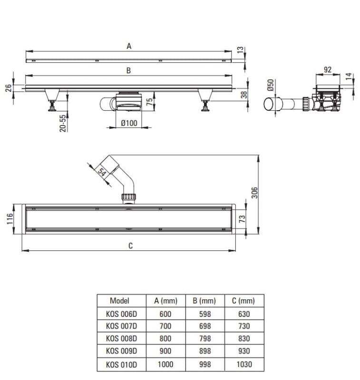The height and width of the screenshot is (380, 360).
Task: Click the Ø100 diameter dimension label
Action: (x=129, y=123)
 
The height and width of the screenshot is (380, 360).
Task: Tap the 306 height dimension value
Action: (x=254, y=193)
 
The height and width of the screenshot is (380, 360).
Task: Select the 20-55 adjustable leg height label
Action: (x=63, y=123)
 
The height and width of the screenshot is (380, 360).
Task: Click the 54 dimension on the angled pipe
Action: (x=102, y=172)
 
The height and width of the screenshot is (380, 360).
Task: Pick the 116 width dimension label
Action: (x=10, y=219)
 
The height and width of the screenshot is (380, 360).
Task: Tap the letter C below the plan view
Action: (x=130, y=246)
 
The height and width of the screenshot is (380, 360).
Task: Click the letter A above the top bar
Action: (x=129, y=46)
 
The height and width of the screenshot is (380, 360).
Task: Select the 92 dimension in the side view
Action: (x=328, y=70)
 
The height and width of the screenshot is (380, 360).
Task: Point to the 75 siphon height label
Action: (x=150, y=102)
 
